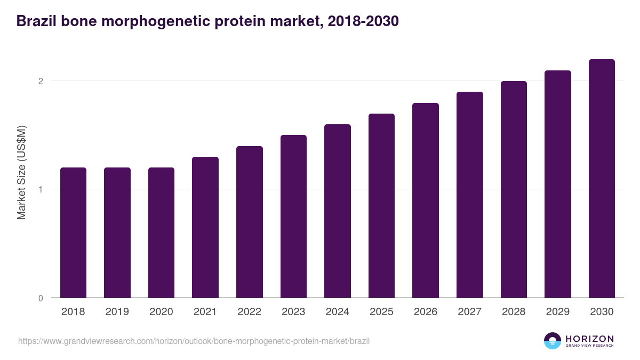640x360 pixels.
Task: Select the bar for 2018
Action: coord(73,233)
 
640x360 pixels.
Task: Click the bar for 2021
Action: coord(205,227)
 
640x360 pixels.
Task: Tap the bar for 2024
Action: coord(338,211)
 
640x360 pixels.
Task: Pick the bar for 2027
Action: coord(470,195)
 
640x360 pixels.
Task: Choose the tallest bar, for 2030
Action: coord(602,179)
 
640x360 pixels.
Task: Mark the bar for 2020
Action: coord(161,233)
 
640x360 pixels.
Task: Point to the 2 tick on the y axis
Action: coord(40,81)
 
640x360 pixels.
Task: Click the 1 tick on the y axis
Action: coord(40,189)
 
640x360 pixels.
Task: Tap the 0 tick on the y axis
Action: coord(40,298)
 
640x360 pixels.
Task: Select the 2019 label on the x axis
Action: coord(117,312)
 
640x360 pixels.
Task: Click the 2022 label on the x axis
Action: coord(249,312)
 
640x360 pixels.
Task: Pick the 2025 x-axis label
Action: coord(381,312)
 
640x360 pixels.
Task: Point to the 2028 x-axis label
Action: coord(514,312)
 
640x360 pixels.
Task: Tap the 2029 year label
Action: coord(558,312)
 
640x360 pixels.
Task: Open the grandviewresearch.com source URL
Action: coord(194,341)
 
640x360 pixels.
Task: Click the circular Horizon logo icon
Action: coord(553,341)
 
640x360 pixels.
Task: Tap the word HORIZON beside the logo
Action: coord(589,338)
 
